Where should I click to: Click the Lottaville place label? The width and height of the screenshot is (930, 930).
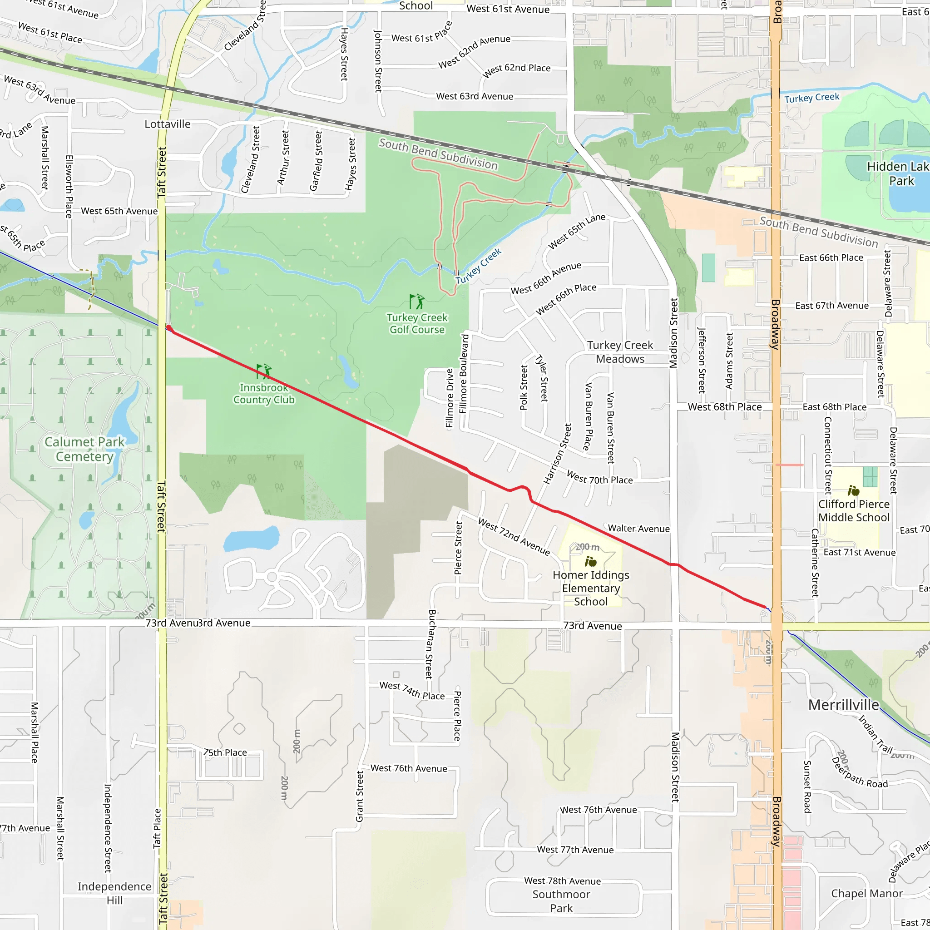pos(168,124)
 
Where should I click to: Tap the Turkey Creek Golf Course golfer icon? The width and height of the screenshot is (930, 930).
pos(417,302)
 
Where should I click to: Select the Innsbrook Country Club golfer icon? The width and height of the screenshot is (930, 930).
pos(264,371)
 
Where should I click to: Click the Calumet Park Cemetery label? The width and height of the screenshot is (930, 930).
pos(85,449)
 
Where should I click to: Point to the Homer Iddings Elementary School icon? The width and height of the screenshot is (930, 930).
pos(591,561)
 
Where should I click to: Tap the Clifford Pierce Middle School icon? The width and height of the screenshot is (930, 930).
pos(853,490)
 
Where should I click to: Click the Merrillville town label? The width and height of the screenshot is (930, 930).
pos(843,705)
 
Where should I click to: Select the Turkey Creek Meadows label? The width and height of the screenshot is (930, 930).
pos(620,352)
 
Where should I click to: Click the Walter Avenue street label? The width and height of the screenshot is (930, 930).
pos(638,529)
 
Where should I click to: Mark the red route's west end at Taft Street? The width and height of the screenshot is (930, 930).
pos(169,328)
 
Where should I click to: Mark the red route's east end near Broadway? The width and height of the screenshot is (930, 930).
pos(765,607)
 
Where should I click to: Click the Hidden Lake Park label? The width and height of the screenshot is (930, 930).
pos(898,173)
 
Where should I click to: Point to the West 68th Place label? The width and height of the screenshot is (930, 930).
pos(724,407)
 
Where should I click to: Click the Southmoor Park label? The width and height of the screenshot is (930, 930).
pos(561,901)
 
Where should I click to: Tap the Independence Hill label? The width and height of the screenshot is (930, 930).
pos(114,893)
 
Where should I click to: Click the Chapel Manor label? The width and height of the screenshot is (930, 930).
pos(866,893)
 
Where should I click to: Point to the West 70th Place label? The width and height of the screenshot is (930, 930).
pos(599,478)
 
